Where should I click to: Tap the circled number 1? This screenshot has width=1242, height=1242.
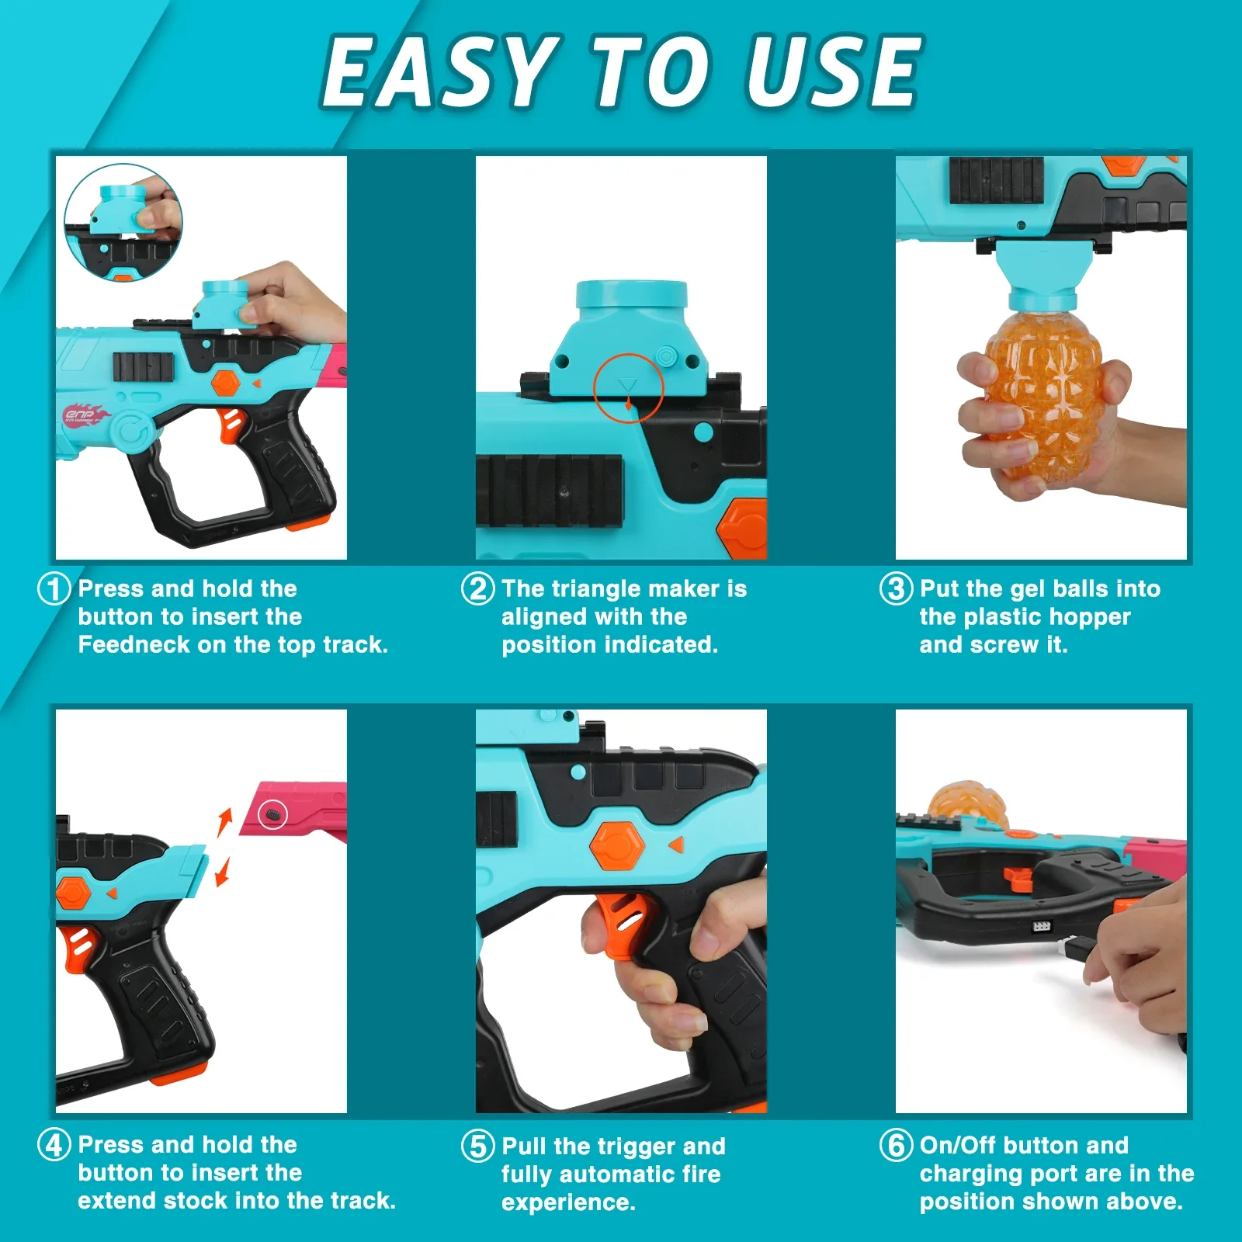(x=54, y=588)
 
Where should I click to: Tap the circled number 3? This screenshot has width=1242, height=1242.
(x=895, y=588)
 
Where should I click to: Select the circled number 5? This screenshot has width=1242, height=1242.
(x=477, y=1146)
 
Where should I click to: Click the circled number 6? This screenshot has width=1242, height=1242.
(x=895, y=1145)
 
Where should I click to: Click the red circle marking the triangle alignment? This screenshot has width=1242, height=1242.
(x=628, y=388)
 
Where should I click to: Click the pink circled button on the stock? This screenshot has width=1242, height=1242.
(x=272, y=814)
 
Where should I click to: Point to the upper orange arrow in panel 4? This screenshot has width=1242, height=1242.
(x=225, y=821)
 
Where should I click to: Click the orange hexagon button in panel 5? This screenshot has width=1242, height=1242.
(x=617, y=846)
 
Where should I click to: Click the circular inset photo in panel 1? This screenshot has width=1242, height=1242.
(x=123, y=222)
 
